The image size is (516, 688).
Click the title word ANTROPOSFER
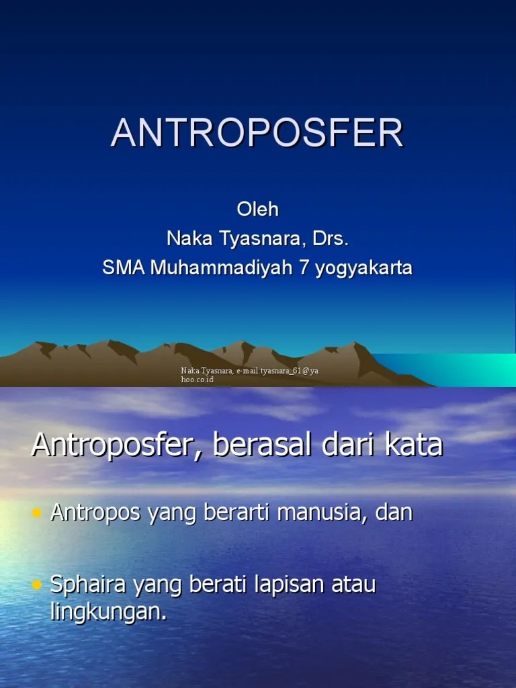pos(257,133)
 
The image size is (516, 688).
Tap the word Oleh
pos(257,209)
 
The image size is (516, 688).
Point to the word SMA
pos(124,268)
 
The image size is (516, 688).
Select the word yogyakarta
pos(362,269)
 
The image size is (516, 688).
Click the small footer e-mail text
pos(249,375)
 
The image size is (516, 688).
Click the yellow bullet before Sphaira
pos(38,586)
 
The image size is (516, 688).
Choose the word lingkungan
pos(108,613)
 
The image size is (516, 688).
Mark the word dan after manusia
pos(395,513)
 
